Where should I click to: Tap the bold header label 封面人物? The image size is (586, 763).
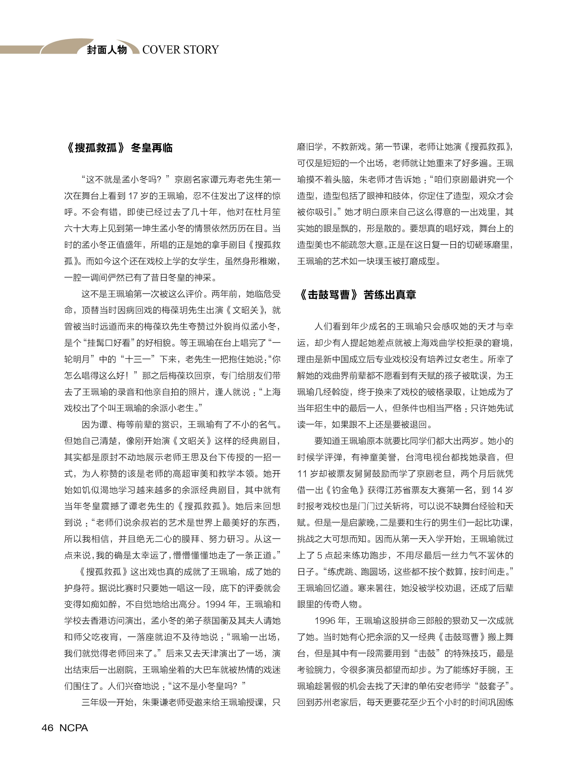tap(107, 50)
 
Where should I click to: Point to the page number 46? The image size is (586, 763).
tap(48, 728)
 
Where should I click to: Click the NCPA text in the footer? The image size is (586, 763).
tap(74, 728)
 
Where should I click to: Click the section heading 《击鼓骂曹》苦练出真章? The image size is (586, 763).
tap(357, 295)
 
